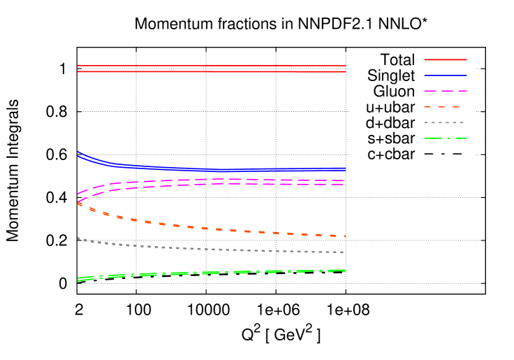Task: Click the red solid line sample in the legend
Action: (x=446, y=59)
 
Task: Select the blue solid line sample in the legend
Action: (x=446, y=75)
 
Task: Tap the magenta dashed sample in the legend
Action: (x=446, y=91)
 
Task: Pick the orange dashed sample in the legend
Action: (x=441, y=107)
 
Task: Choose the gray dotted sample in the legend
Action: (x=444, y=122)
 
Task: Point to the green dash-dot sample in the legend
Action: (x=446, y=138)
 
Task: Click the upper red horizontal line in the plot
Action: (x=210, y=66)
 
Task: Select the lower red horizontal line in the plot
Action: (x=210, y=71)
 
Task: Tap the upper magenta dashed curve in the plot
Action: (x=210, y=180)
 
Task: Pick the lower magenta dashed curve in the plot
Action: (x=210, y=185)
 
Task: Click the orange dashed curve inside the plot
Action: (x=210, y=229)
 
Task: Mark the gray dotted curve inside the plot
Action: (x=210, y=249)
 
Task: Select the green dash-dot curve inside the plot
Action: (x=210, y=273)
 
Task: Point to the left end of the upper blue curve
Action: (x=78, y=151)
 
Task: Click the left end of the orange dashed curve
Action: (x=78, y=203)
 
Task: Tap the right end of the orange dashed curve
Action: (x=345, y=236)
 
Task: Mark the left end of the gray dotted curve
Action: (x=78, y=238)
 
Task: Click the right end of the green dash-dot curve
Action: (x=345, y=271)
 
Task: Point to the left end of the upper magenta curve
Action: (x=78, y=194)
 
